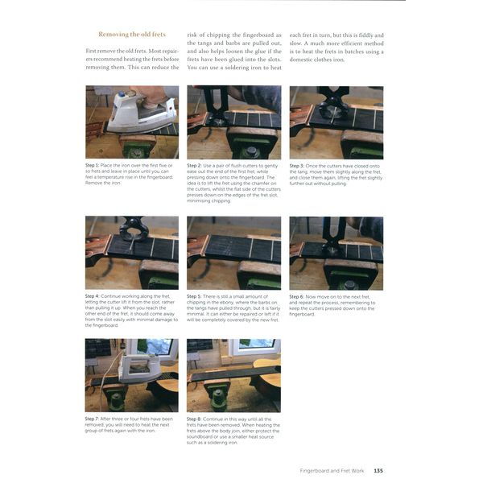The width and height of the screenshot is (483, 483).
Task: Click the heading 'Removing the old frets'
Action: pyautogui.click(x=132, y=35)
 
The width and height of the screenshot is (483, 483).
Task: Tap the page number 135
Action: pyautogui.click(x=378, y=471)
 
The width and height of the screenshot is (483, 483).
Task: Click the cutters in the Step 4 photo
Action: pyautogui.click(x=133, y=233)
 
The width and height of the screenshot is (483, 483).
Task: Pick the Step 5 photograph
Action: pyautogui.click(x=233, y=253)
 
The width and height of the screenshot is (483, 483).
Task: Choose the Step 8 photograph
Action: pyautogui.click(x=233, y=375)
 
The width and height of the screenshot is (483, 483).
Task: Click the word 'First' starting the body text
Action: pyautogui.click(x=93, y=51)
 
